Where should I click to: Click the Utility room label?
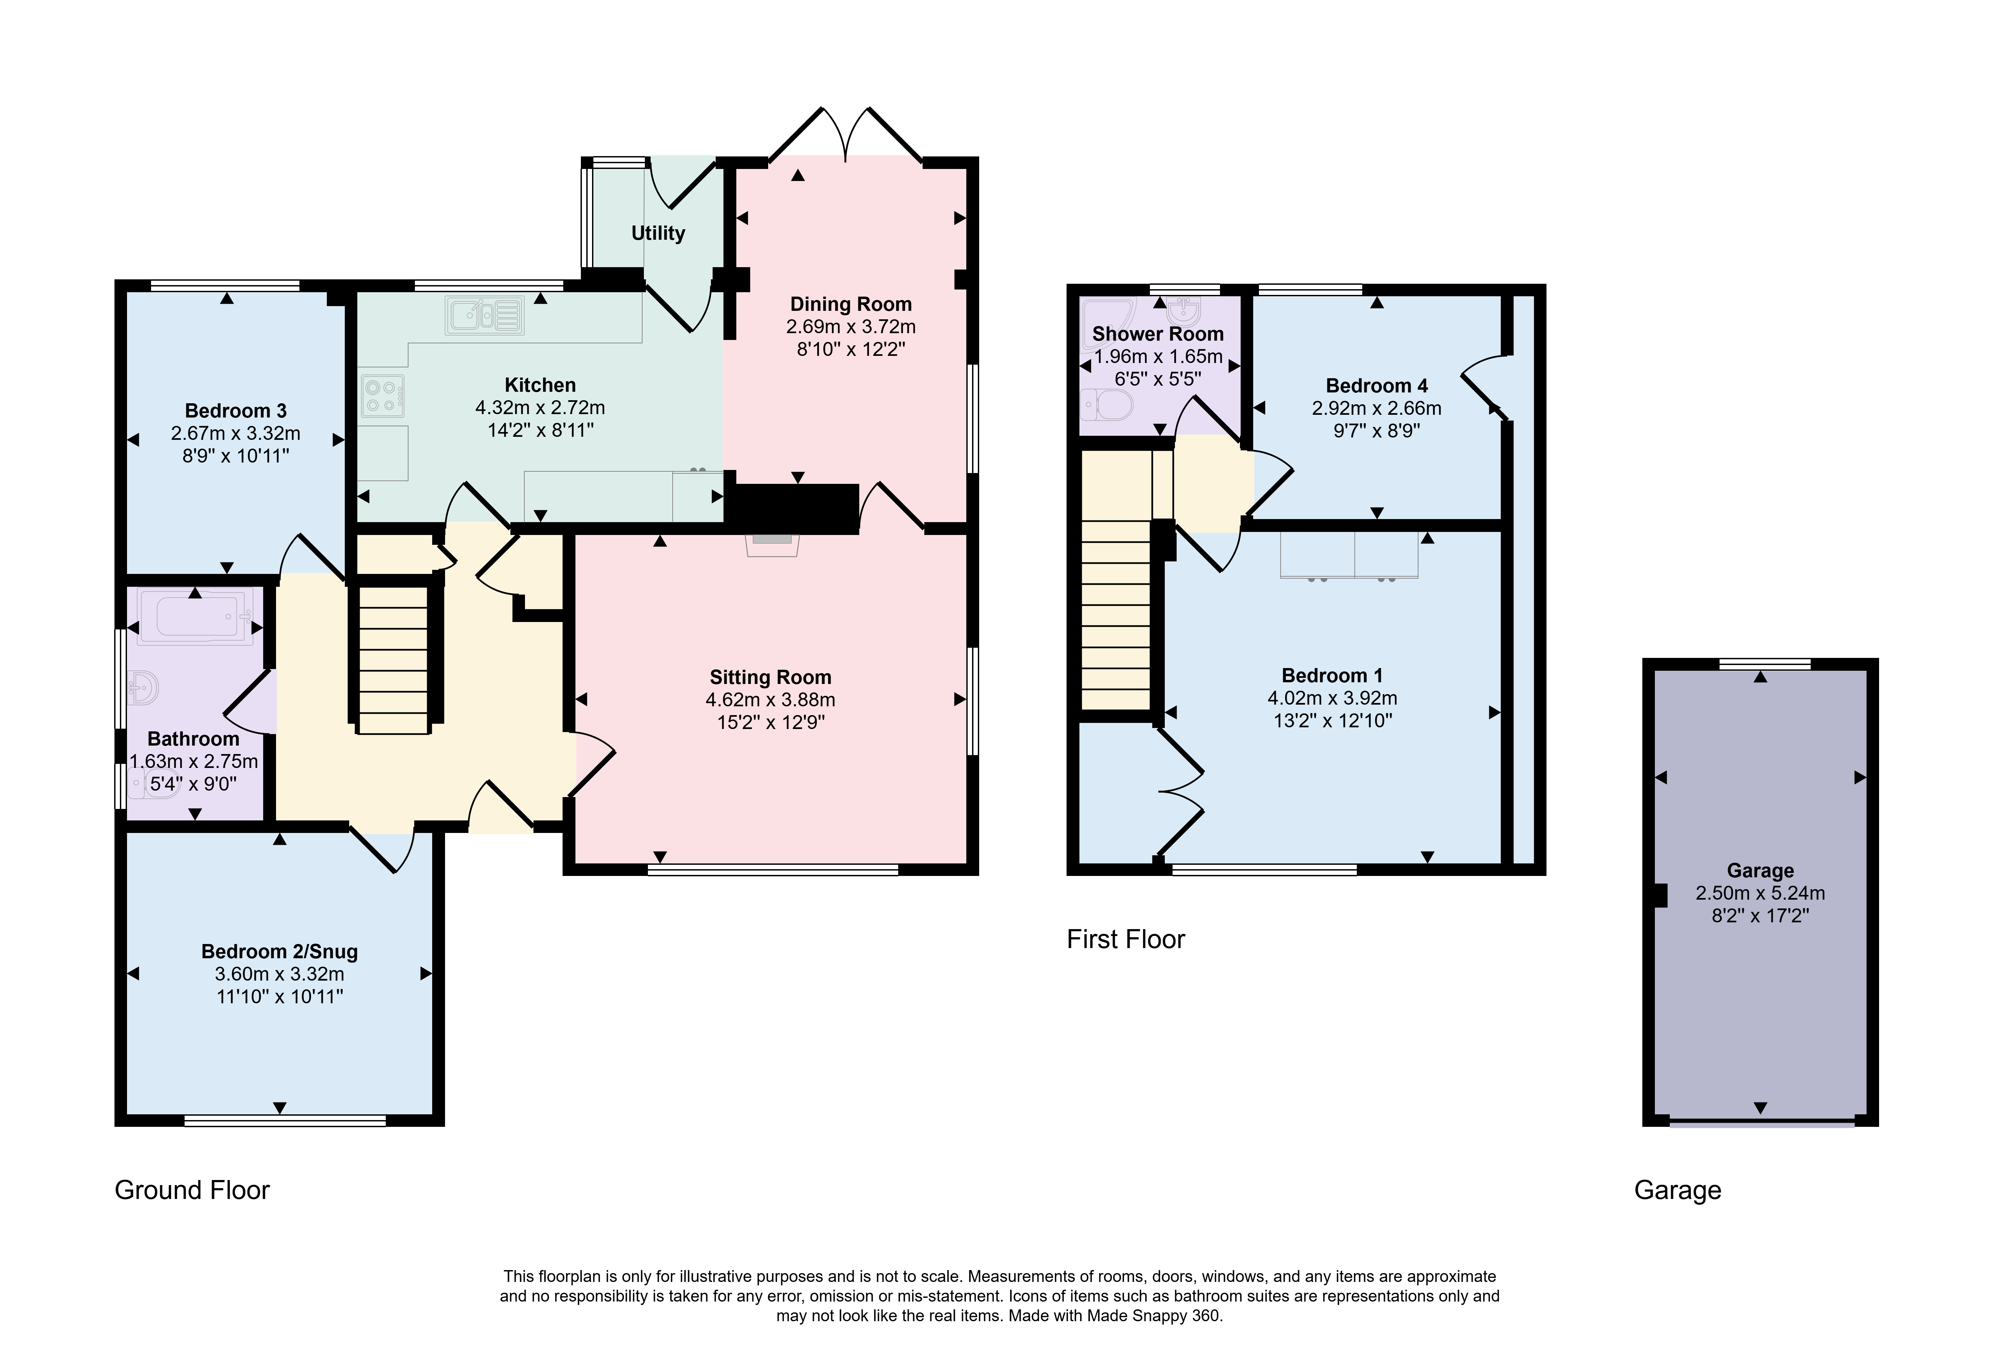658,233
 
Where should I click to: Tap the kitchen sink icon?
485,315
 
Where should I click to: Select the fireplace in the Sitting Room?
772,544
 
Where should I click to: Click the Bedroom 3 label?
236,410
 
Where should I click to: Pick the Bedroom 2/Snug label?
280,952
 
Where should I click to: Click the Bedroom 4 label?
1377,386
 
